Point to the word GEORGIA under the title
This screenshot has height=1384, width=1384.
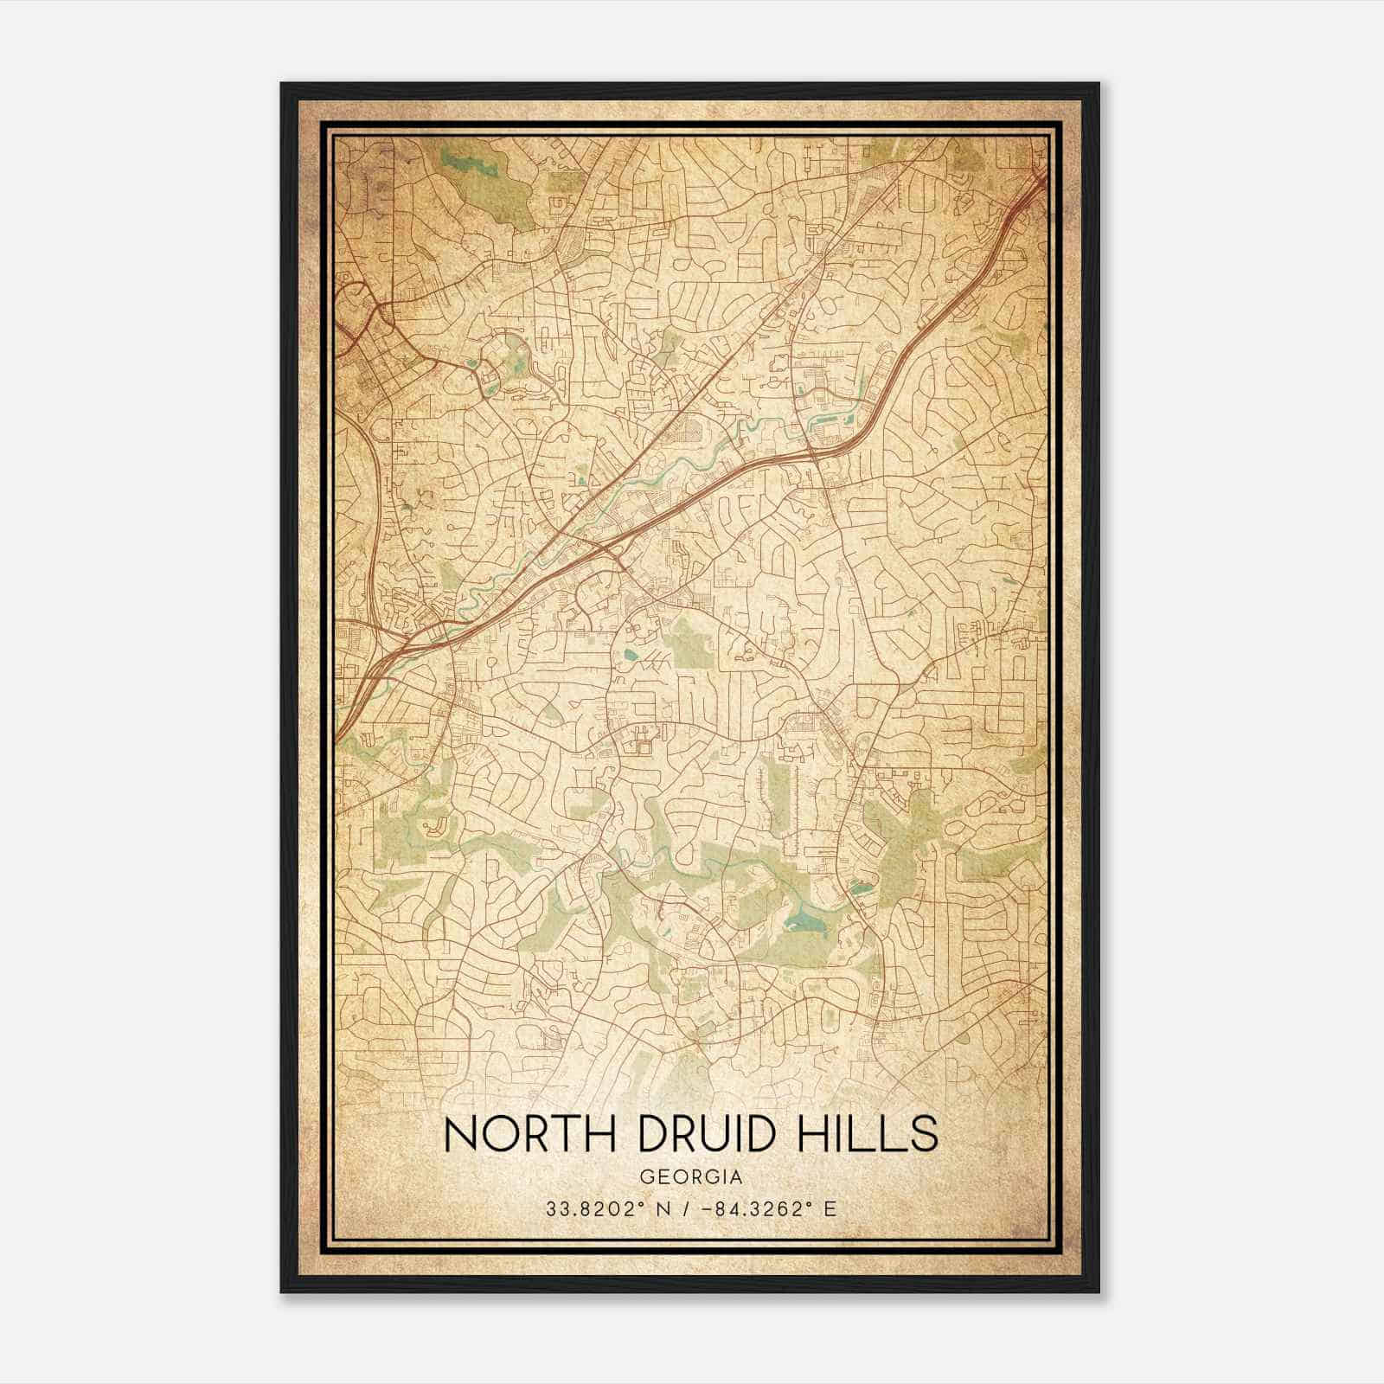[x=690, y=1177]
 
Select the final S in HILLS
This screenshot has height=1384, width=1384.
[x=922, y=1134]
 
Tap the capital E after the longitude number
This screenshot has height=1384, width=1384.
[x=830, y=1209]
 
